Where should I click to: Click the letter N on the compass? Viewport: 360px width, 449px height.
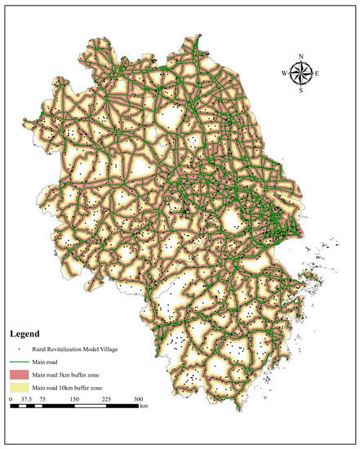pos(301,56)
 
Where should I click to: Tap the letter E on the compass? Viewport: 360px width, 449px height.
pos(318,73)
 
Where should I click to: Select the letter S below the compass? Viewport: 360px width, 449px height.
pos(301,90)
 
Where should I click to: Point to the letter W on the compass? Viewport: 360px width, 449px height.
pos(285,73)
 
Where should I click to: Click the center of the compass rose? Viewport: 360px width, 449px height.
pos(301,73)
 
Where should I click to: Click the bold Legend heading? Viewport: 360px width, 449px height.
pos(25,334)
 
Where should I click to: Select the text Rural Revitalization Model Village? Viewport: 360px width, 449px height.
pos(75,349)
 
